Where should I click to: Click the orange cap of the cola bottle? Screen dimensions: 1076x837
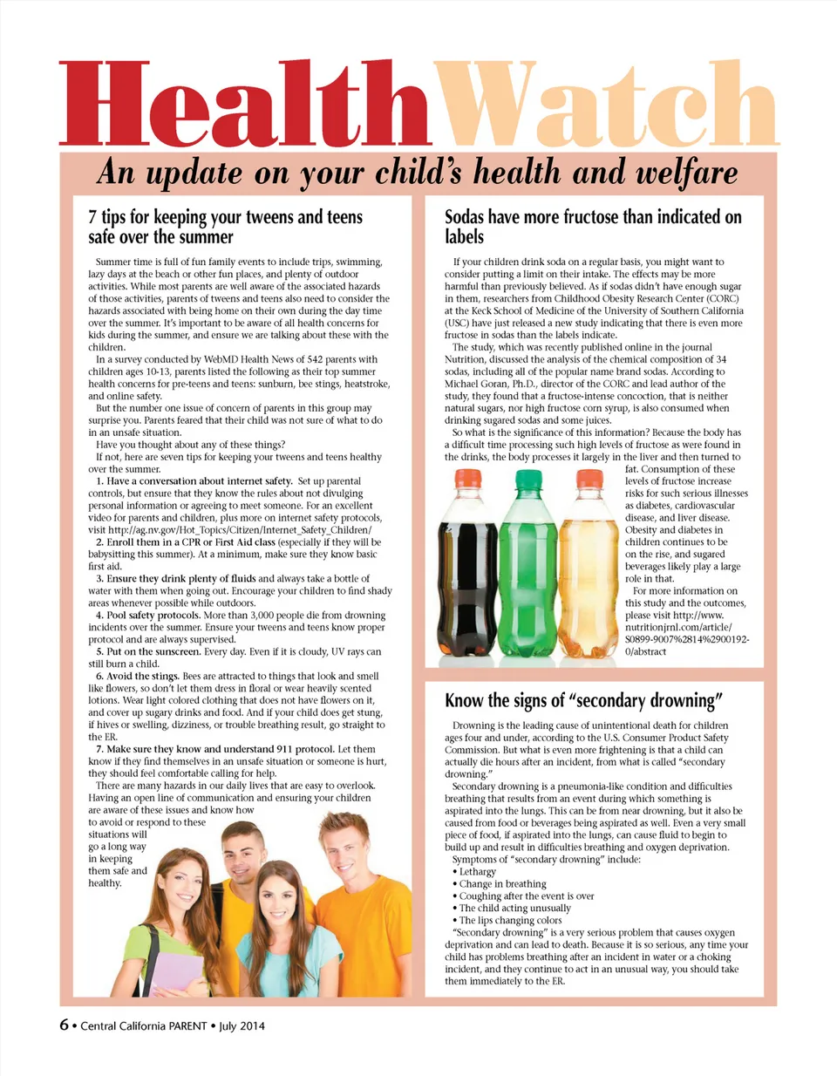[468, 478]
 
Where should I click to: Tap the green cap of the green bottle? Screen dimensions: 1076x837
[529, 478]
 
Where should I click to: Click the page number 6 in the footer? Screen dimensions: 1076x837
[64, 1025]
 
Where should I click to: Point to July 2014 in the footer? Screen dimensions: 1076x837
[242, 1026]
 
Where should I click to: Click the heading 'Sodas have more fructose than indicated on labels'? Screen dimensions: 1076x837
[593, 227]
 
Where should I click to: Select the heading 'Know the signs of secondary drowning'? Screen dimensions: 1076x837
[583, 700]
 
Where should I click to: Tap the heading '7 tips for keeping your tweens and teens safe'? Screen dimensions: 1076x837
[225, 227]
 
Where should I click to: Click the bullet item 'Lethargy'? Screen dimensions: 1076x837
[477, 871]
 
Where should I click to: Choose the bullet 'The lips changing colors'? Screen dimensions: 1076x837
[510, 920]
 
